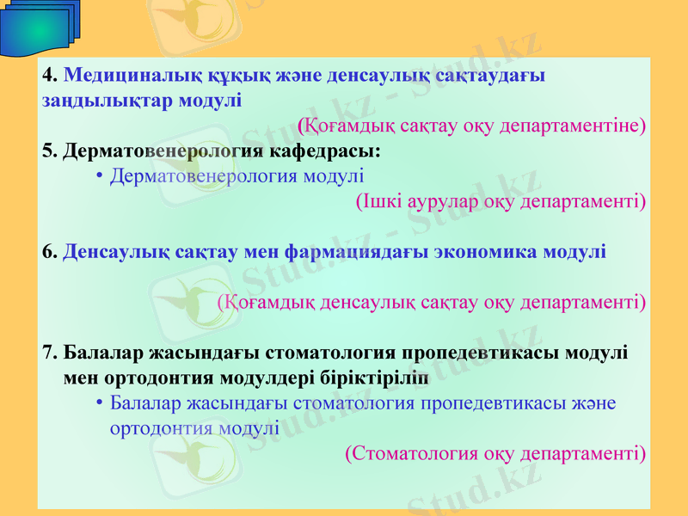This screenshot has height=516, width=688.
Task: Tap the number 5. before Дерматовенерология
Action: coord(50,151)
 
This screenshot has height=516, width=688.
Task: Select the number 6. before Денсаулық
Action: coord(50,253)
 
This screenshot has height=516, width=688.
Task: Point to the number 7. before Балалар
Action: coord(50,353)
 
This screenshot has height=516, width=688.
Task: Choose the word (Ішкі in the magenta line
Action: coord(375,202)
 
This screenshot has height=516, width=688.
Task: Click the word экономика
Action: coord(486,253)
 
